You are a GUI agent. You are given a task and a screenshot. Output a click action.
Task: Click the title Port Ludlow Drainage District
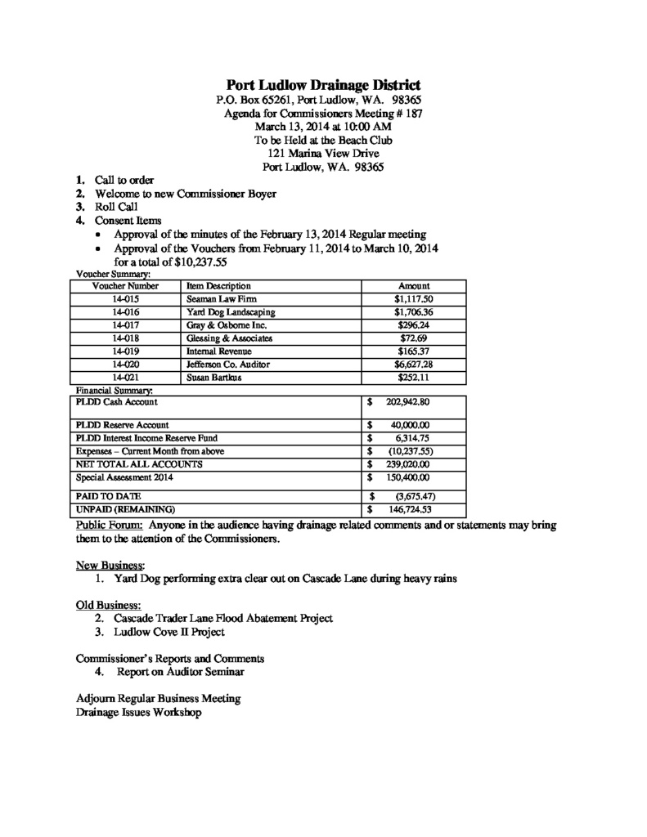pos(323,84)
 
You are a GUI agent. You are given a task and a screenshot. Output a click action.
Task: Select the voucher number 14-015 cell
pos(125,300)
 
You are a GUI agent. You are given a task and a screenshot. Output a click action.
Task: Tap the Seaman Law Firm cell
pos(218,300)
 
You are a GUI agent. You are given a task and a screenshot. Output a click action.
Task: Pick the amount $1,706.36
pos(413,312)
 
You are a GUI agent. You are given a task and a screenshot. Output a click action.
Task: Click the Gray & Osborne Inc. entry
pos(223,325)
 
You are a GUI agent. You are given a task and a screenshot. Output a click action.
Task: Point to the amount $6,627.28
pos(413,364)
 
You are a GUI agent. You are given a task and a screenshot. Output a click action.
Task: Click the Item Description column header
pos(218,287)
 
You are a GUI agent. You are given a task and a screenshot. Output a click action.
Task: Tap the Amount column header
pos(413,287)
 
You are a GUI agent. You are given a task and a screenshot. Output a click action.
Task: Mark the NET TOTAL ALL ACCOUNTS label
pos(139,463)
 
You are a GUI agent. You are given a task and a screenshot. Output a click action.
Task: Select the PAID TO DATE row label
pos(108,496)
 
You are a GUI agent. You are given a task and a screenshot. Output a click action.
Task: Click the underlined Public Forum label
pos(110,526)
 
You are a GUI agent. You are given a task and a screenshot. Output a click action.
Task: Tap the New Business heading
pos(110,565)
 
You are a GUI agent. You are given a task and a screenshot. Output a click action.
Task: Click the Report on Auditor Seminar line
pos(180,672)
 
